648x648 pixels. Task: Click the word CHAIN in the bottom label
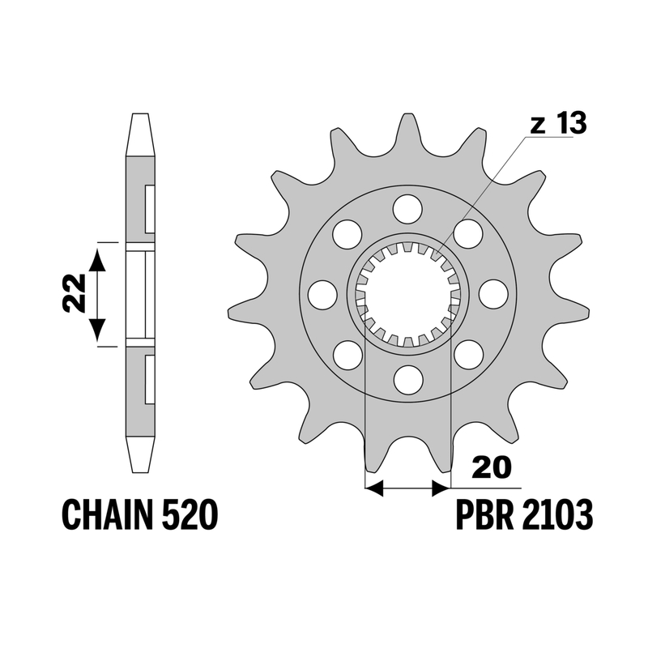107,514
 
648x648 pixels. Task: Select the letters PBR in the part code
484,514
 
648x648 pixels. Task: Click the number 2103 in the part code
557,514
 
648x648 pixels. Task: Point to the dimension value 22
74,293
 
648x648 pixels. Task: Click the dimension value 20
492,467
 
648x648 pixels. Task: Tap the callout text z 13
558,123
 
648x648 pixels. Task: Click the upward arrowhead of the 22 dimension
97,259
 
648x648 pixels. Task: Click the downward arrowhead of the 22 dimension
97,330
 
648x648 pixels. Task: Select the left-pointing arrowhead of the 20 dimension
374,488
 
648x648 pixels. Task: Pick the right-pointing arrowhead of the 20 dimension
441,488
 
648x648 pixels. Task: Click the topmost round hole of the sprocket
408,210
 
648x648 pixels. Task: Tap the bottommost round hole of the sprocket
408,380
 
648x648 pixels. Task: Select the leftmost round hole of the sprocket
322,294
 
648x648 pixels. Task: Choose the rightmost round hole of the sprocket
493,294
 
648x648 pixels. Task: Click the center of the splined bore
408,294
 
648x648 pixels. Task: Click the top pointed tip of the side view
139,113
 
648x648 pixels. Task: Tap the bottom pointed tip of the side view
139,472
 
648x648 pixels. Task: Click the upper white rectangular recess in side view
150,209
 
